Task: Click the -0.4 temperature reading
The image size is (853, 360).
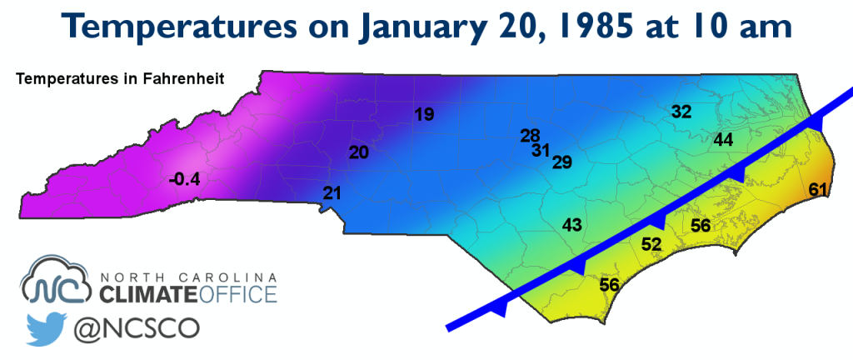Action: [185, 179]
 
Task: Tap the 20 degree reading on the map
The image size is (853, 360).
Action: [358, 152]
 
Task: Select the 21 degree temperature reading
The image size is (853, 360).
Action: [332, 193]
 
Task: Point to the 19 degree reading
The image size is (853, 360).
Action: [424, 114]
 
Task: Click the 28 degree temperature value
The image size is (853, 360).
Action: [531, 136]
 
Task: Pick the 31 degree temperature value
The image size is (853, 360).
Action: [541, 150]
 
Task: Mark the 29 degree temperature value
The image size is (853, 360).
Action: [562, 162]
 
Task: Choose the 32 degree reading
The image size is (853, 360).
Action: [681, 112]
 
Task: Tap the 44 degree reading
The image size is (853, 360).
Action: [723, 140]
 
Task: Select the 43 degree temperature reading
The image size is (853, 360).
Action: [572, 224]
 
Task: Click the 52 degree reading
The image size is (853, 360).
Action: [651, 243]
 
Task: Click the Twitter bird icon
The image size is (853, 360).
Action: [47, 329]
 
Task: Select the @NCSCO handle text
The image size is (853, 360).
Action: [137, 329]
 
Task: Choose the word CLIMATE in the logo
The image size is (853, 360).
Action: [147, 294]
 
